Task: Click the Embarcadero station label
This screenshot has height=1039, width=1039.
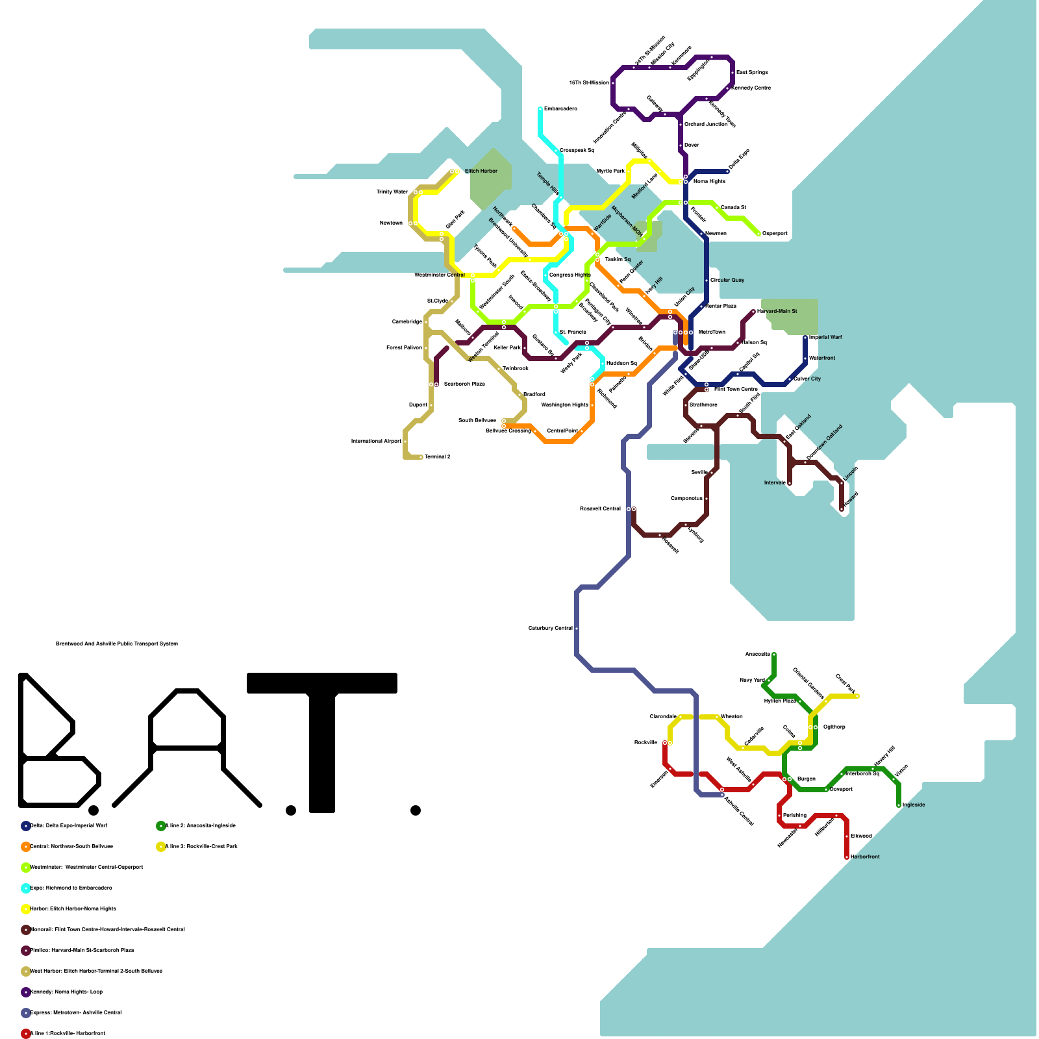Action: point(560,108)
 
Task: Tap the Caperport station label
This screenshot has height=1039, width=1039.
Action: point(775,233)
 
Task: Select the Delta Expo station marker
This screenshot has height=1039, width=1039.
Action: point(727,171)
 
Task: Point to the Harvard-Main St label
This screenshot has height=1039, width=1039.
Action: point(777,311)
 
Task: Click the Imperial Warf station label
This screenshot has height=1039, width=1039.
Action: point(825,337)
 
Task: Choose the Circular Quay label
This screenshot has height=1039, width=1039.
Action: point(727,280)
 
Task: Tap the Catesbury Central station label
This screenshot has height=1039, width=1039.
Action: point(551,628)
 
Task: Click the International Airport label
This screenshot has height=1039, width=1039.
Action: point(376,441)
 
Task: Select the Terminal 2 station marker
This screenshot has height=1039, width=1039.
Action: point(421,457)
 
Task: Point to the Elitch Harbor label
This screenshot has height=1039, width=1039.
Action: point(481,171)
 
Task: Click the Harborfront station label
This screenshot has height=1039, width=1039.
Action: point(865,857)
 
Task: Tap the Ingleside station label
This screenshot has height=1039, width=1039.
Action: point(914,805)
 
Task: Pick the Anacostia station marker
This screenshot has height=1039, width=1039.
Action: point(774,655)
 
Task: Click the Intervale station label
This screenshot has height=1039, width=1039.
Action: point(775,482)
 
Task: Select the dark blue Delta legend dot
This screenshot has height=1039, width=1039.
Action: point(26,826)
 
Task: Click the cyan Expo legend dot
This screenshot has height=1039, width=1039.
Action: point(26,888)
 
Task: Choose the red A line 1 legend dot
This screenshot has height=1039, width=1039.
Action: point(26,1034)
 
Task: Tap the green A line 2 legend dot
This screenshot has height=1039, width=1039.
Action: point(161,826)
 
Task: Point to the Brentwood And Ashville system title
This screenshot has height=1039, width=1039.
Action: point(117,644)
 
